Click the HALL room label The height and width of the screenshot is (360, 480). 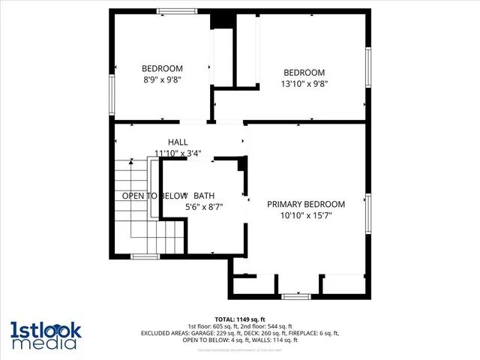pos(178,142)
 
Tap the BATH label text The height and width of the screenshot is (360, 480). pos(204,196)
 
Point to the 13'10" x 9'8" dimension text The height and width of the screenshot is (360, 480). pos(304,84)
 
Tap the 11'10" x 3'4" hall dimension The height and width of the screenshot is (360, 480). pos(178,153)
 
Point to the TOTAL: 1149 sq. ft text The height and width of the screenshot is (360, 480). pos(240,319)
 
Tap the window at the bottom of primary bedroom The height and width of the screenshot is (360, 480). pos(296,296)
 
